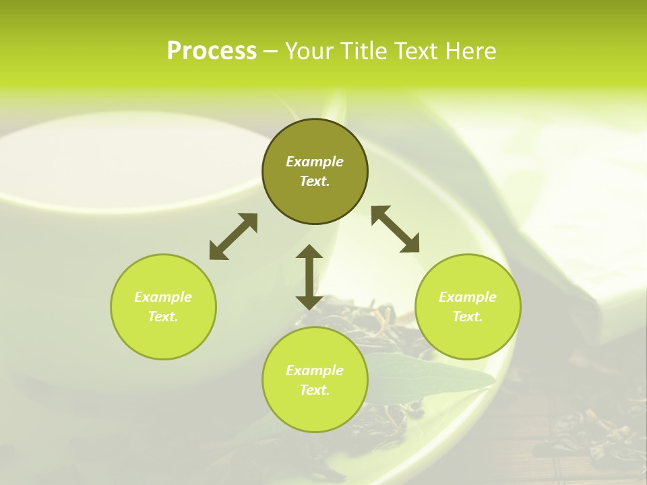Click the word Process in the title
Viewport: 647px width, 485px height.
click(212, 51)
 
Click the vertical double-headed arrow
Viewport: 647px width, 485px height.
click(309, 277)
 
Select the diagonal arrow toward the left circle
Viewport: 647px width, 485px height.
click(233, 236)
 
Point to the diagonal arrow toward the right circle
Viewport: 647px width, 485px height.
click(395, 229)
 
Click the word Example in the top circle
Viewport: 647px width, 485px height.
click(315, 162)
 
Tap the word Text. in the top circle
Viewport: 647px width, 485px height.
click(315, 181)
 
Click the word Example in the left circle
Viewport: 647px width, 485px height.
click(163, 297)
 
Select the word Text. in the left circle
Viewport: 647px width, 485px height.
click(163, 317)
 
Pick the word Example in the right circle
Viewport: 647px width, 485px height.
click(468, 297)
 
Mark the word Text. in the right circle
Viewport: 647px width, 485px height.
click(468, 317)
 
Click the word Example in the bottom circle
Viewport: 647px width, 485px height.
click(315, 370)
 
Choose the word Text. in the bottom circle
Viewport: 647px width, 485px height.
click(315, 390)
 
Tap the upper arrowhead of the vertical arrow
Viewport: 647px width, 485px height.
click(309, 252)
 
